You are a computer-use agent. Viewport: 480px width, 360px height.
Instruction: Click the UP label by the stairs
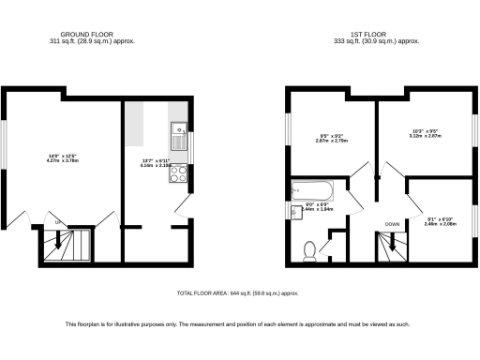click(x=59, y=222)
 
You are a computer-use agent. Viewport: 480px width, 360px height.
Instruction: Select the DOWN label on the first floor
click(x=393, y=224)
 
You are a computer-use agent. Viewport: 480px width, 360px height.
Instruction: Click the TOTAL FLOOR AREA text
click(x=239, y=293)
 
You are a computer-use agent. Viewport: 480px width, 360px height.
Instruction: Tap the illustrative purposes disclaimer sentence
click(x=239, y=324)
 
